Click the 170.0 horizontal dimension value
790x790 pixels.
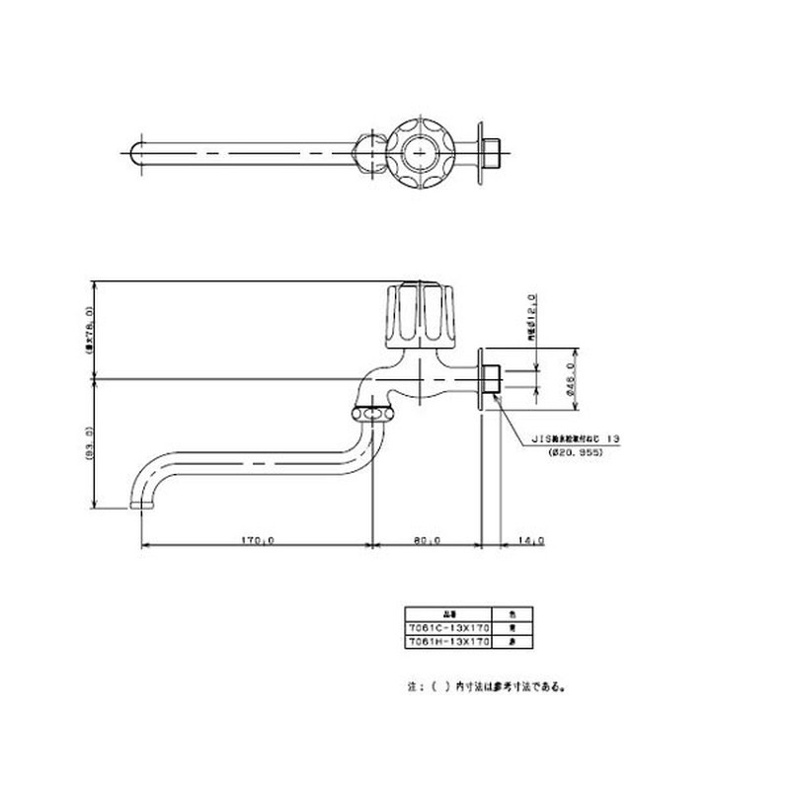coord(257,540)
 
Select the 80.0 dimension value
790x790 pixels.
coord(427,540)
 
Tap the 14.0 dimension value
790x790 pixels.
coord(531,540)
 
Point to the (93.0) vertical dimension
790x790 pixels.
coord(88,443)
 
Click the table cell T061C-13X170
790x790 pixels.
coord(448,626)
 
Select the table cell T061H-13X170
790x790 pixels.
coord(448,640)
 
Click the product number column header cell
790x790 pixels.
coord(448,612)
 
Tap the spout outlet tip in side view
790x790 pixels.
coord(144,506)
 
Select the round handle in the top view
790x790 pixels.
coord(422,154)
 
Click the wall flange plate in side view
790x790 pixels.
coord(481,378)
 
